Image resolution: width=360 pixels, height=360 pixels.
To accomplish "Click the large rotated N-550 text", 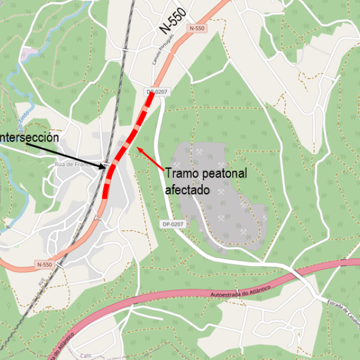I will coord(173,22).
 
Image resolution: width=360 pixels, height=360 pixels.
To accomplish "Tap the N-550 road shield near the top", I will coord(196,28).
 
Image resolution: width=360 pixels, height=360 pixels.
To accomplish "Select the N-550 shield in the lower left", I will coord(44,264).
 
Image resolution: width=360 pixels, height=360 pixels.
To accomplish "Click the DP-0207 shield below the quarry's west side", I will coord(172,224).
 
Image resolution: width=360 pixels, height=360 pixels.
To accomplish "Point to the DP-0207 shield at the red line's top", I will coord(156,92).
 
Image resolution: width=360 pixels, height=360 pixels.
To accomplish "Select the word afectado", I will coord(187,190).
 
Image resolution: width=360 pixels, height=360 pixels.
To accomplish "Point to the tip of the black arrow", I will coord(107,167).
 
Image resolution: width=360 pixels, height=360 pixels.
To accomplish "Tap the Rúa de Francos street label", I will coord(76,164).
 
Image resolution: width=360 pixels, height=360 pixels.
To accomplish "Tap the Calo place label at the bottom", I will coord(86,355).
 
